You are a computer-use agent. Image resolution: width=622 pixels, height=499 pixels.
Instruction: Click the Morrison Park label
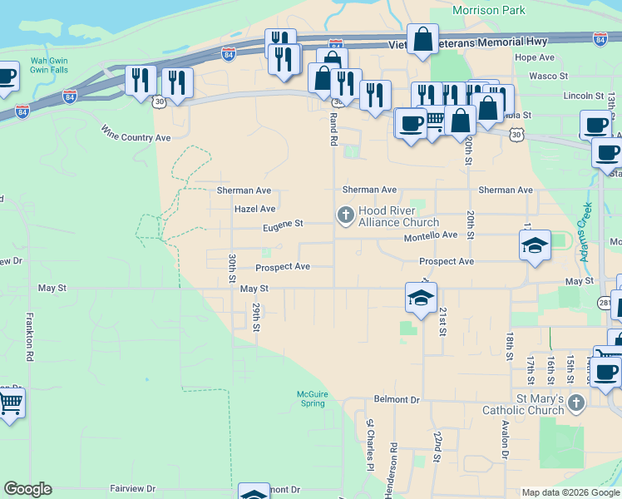pos(489,10)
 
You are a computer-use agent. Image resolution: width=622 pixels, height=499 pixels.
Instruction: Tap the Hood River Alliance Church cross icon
pos(345,216)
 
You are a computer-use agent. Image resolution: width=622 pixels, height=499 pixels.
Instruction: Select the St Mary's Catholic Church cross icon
pos(575,403)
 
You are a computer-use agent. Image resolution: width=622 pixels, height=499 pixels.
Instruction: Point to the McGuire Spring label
pos(313,398)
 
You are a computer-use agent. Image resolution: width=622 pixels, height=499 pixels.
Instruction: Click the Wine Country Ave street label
pos(136,133)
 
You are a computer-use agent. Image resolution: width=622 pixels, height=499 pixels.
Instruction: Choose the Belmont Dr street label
pos(397,399)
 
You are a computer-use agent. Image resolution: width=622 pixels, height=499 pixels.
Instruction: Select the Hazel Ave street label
pos(254,209)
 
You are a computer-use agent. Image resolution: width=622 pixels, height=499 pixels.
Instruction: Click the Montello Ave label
pos(431,235)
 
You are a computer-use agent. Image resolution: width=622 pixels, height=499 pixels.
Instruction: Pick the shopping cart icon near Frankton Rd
pos(10,403)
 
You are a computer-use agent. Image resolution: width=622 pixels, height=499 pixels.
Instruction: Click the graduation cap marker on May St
pos(421,297)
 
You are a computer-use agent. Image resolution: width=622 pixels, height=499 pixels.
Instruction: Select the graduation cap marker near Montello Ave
pos(535,245)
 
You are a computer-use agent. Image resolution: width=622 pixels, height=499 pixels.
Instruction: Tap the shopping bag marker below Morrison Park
pos(422,39)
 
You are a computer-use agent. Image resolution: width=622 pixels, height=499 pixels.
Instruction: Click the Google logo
pos(27,489)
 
